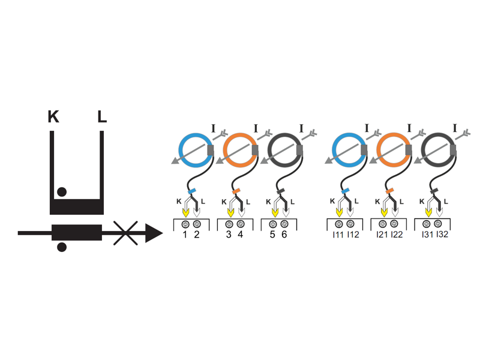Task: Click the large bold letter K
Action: tap(53, 116)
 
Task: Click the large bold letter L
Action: tap(102, 116)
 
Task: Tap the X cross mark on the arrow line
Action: tap(125, 233)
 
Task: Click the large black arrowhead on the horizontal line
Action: tap(154, 233)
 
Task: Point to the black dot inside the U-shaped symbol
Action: tap(62, 192)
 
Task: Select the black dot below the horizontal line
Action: tap(62, 247)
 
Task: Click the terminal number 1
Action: tap(185, 235)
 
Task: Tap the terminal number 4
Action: tap(241, 235)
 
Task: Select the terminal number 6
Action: tap(284, 235)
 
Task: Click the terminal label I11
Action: tap(338, 235)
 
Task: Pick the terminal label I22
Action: tap(397, 235)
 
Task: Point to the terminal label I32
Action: tap(442, 235)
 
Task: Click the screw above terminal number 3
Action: tap(229, 224)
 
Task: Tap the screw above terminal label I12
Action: tap(350, 224)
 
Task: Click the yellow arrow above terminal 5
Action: tap(275, 212)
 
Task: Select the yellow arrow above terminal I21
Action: tap(384, 212)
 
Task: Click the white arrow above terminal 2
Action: tap(197, 212)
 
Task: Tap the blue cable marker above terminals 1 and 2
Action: tap(192, 191)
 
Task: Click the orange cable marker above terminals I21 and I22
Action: tap(389, 191)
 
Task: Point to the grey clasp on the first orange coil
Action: tap(255, 150)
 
